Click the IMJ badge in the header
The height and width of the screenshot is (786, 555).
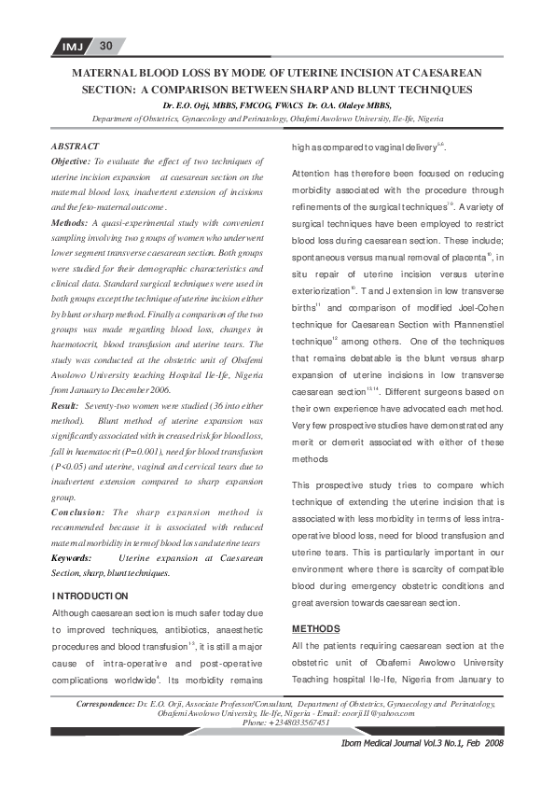click(72, 46)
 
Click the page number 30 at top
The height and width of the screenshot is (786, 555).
click(105, 46)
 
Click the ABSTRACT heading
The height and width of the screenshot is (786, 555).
click(77, 147)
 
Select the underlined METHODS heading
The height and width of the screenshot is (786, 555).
click(315, 628)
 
